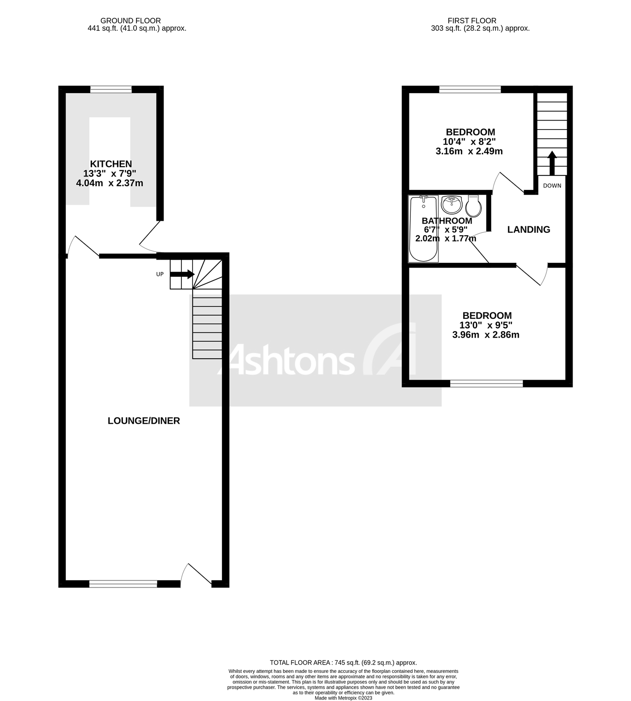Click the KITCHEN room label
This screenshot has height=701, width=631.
[x=111, y=164]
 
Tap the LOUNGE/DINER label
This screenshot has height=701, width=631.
[x=143, y=420]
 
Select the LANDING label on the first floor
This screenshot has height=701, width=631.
[x=529, y=229]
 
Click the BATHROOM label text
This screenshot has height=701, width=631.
[x=447, y=221]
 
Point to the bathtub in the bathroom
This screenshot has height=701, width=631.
[x=423, y=229]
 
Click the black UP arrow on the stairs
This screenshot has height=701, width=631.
[x=182, y=274]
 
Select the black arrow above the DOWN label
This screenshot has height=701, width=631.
[x=552, y=163]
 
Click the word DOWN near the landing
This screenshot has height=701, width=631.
[x=552, y=186]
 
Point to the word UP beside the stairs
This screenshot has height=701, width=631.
[x=160, y=274]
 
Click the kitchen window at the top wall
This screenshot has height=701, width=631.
[x=111, y=89]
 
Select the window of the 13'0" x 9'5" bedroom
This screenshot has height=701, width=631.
[x=486, y=383]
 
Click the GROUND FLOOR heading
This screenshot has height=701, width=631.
[x=130, y=21]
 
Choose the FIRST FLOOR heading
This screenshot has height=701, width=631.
[x=472, y=21]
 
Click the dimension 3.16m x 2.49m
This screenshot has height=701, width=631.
[x=469, y=151]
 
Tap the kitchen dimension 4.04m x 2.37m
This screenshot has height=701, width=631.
[x=109, y=183]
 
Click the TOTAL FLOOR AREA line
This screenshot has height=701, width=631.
[x=343, y=662]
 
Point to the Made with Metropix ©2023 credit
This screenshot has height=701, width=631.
[x=343, y=698]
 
